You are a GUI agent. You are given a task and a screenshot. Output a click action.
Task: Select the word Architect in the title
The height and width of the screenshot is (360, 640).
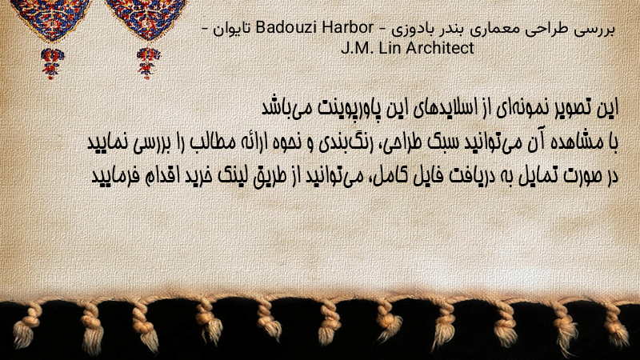440,48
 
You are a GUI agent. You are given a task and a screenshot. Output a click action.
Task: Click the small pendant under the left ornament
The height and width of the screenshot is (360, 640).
51,63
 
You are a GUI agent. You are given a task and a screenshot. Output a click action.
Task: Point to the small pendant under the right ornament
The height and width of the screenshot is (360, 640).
148,63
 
